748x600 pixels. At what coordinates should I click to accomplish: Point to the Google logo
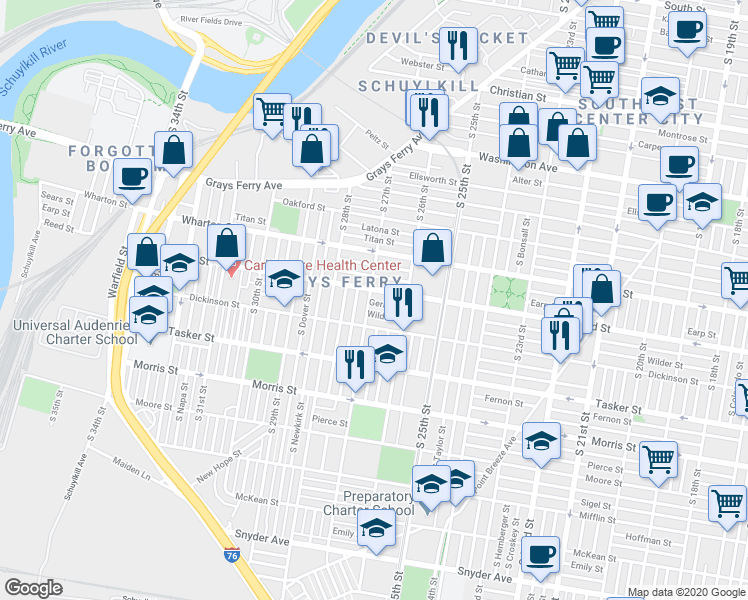(x=34, y=587)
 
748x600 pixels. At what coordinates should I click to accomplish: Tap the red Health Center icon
(x=233, y=267)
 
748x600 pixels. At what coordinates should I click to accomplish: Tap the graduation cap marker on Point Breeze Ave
(x=541, y=440)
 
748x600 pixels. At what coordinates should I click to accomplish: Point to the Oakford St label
(x=304, y=206)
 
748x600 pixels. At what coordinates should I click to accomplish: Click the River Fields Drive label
(x=212, y=19)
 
